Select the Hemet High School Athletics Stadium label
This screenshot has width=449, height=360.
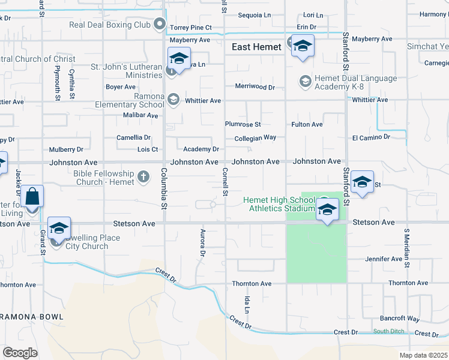point(279,204)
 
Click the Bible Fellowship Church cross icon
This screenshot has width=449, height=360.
point(143,176)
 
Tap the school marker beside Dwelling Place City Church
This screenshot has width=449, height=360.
point(59,228)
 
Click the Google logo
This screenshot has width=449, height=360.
point(20,352)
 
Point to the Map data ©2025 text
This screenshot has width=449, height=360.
point(424,355)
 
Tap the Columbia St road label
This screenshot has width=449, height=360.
point(163,188)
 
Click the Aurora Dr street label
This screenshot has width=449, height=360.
point(202,242)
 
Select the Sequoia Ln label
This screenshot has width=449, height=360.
point(255,15)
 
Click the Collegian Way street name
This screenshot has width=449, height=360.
point(255,137)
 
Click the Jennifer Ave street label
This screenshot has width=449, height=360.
point(384,259)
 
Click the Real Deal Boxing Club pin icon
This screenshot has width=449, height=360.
point(160,25)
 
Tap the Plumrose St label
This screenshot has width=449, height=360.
point(243,124)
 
